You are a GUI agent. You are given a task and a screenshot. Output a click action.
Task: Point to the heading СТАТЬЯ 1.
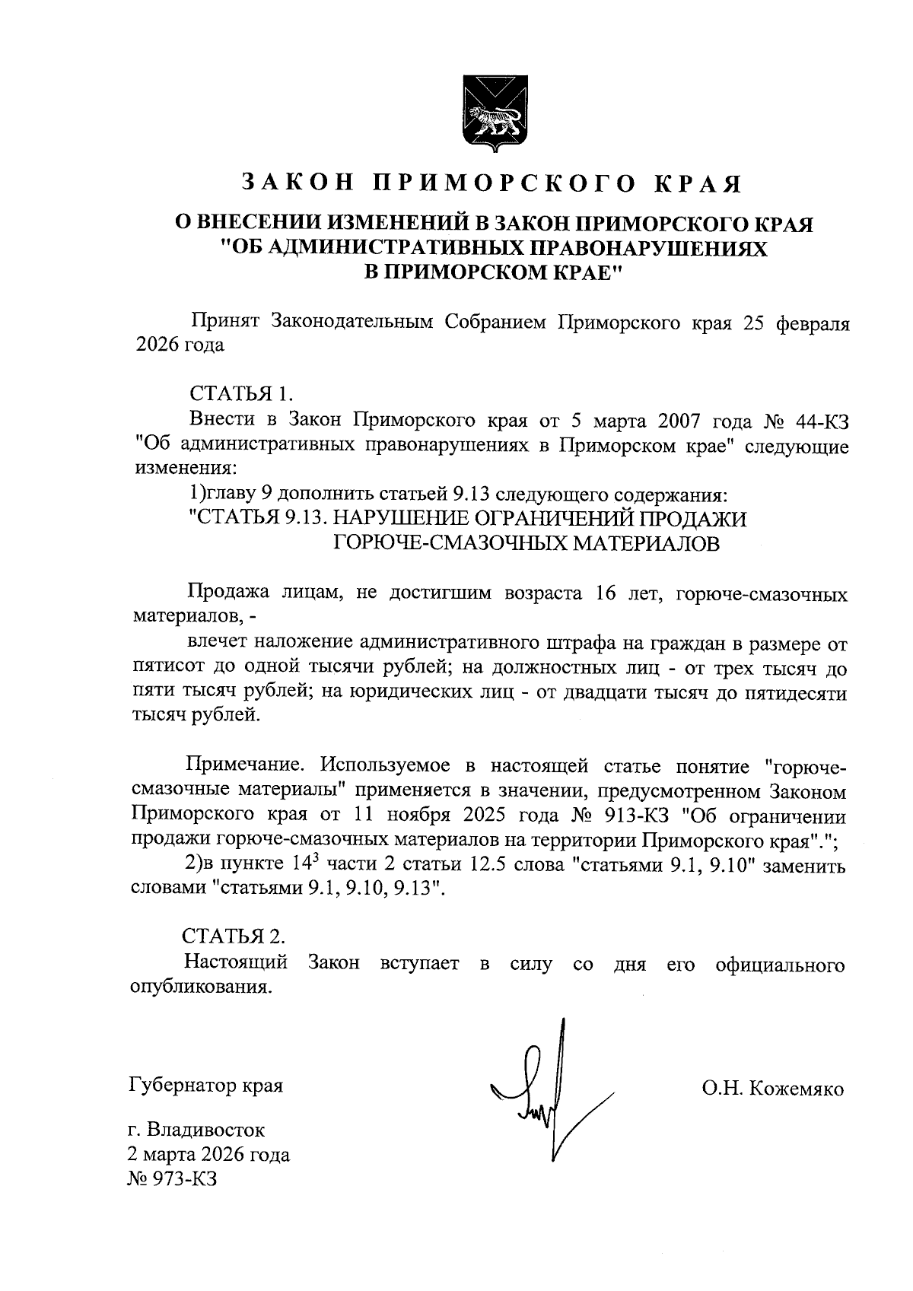tap(240, 394)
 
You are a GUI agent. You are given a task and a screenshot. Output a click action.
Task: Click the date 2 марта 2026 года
tap(209, 1155)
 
